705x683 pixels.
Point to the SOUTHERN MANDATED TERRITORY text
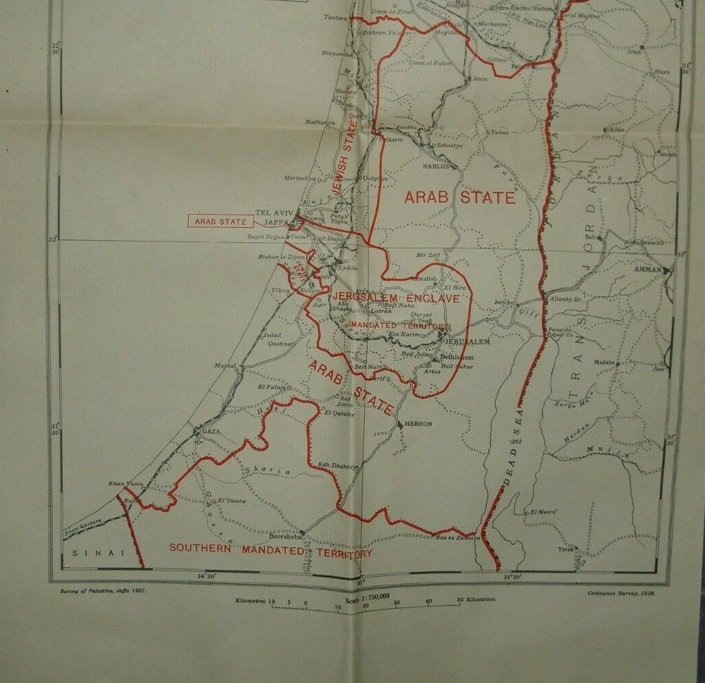[x=270, y=549]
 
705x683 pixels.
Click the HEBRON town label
[x=418, y=424]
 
